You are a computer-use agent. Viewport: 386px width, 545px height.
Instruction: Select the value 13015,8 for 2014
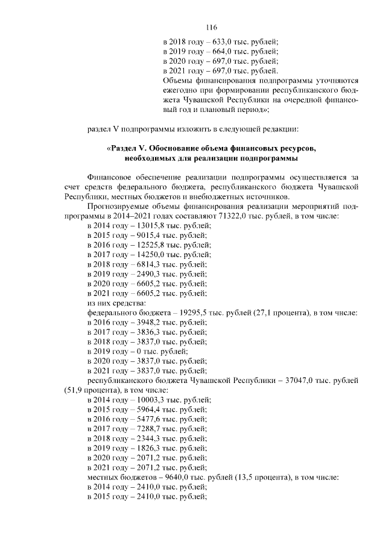[x=145, y=226]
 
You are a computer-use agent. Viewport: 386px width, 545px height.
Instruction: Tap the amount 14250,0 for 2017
[x=145, y=255]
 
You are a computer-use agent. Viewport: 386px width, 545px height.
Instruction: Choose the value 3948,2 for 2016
[x=142, y=322]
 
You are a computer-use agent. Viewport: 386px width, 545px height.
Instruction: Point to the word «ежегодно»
[x=182, y=90]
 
